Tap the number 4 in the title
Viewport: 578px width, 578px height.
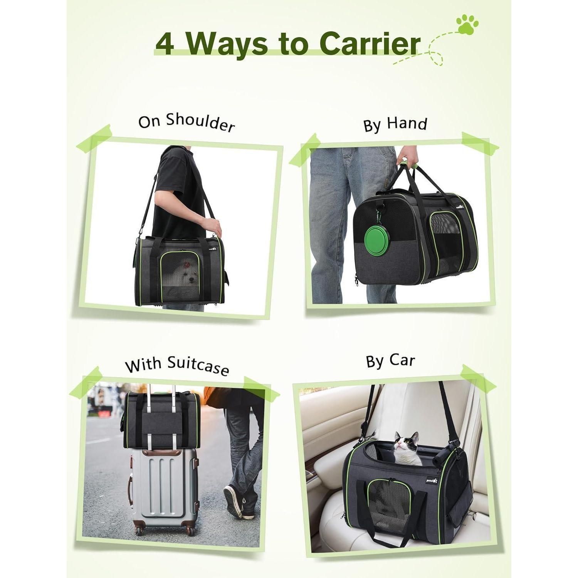pyautogui.click(x=165, y=45)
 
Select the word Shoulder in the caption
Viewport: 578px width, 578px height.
pyautogui.click(x=200, y=123)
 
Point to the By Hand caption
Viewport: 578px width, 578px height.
pyautogui.click(x=395, y=124)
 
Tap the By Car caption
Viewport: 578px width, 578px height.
pyautogui.click(x=390, y=361)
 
